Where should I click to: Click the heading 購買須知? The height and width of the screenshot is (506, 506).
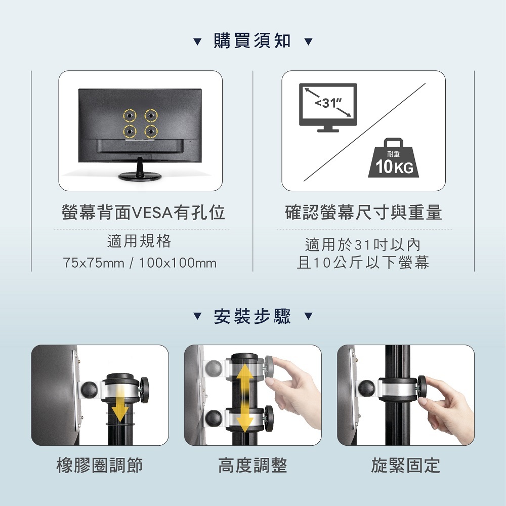pos(252,41)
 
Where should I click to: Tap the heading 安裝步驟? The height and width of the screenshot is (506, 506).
pos(252,316)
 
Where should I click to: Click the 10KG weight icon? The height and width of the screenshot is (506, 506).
pos(394,158)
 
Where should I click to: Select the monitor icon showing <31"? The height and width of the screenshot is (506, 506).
pos(328,107)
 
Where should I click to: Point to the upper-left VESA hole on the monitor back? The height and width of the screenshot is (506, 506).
pos(130,115)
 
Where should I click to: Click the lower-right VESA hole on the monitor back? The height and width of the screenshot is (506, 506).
pos(151,132)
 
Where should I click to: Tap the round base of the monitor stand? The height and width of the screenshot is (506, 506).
pos(140,176)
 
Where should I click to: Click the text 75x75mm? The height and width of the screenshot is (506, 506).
pos(94,263)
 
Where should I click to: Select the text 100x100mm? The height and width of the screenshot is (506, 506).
pos(178,263)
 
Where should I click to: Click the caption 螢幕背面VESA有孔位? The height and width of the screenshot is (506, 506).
pos(143,213)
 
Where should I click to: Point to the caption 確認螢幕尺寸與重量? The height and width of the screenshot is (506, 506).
pos(364,213)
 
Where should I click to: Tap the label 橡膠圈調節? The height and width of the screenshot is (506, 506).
pos(100,466)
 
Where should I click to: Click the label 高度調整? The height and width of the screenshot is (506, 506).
pos(252,466)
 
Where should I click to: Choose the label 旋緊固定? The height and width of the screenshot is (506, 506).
pos(406,466)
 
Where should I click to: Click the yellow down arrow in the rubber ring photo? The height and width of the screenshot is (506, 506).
pos(120,404)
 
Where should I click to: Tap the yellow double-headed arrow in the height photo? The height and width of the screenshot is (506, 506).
pos(245,398)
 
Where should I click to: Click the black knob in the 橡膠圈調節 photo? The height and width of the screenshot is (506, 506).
pos(144,390)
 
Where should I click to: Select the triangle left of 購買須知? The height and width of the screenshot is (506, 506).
pos(197,41)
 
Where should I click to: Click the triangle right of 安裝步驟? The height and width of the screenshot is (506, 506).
pos(309,316)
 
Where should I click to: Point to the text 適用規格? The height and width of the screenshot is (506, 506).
pos(139,241)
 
